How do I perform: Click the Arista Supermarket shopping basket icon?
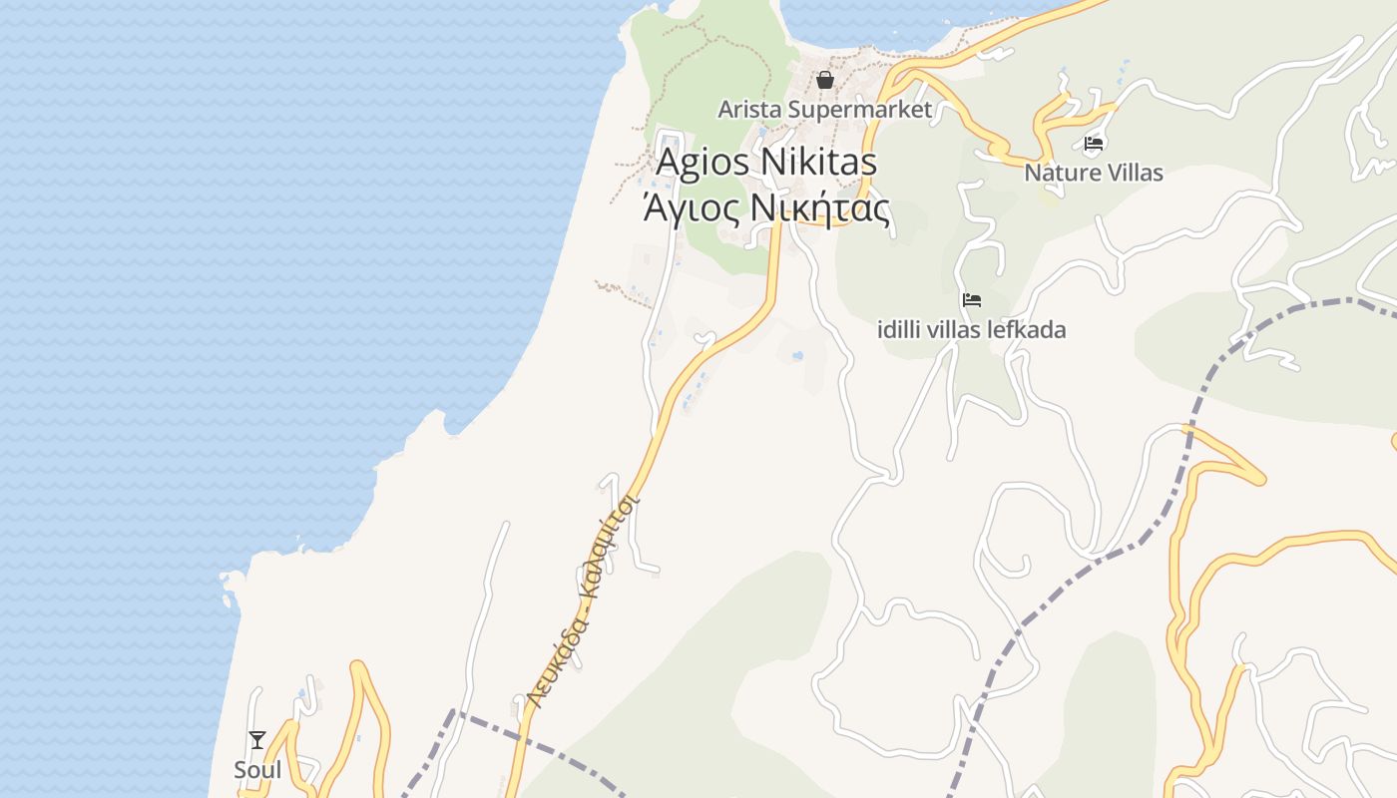[825, 80]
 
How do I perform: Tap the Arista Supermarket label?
[825, 109]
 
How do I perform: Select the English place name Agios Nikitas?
[766, 162]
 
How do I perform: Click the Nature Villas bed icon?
[1094, 144]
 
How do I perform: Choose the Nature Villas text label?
[1094, 173]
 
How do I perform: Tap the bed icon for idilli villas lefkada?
[971, 299]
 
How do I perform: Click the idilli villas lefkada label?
[971, 329]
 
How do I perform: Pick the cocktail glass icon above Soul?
[257, 740]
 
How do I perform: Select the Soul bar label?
[257, 770]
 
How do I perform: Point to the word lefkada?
[1028, 329]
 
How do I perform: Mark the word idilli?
[900, 329]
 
